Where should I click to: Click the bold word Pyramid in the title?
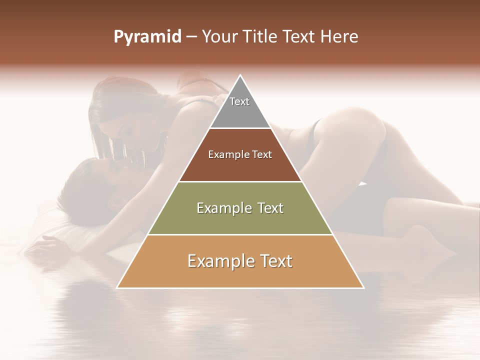coord(147,37)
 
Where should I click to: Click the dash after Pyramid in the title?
coord(191,37)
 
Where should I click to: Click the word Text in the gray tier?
coord(239,101)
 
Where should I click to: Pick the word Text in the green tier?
coord(270,208)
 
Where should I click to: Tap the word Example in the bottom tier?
coord(220,261)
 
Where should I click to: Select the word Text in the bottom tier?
coord(275,261)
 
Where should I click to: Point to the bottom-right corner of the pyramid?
coord(363,287)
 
